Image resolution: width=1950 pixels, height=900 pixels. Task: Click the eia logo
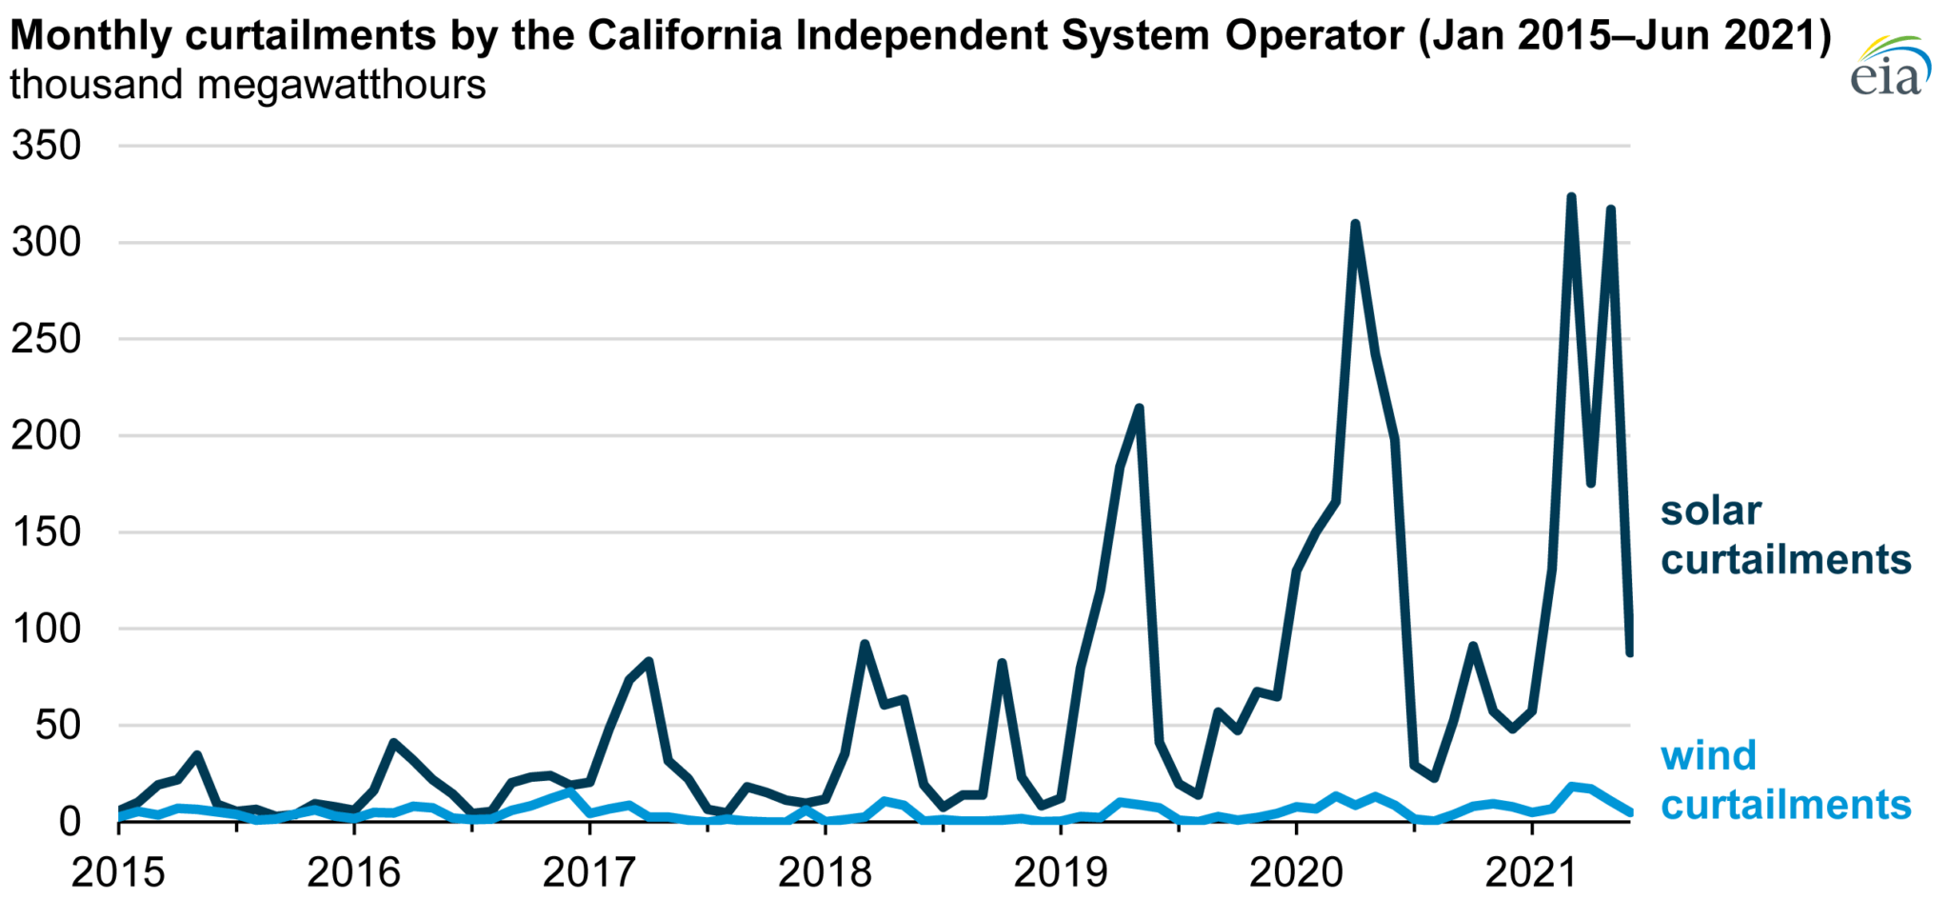point(1889,67)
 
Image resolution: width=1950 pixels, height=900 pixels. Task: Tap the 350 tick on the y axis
point(47,147)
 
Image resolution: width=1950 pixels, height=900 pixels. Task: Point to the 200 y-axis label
point(47,436)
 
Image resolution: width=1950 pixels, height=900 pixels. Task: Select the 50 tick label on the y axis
point(59,726)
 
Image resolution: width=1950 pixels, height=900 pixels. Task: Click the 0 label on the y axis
point(70,822)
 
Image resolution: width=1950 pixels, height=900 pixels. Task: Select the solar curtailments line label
point(1785,535)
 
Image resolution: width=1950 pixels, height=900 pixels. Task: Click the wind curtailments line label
point(1785,780)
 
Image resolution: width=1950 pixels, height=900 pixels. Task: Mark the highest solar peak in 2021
point(1571,197)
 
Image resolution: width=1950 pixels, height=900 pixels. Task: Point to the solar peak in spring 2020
point(1354,224)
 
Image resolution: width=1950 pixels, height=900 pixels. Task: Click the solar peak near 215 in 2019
point(1139,409)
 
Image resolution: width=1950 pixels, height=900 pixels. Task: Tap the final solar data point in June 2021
point(1630,653)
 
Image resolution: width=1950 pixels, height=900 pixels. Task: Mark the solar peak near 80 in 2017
point(648,661)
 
